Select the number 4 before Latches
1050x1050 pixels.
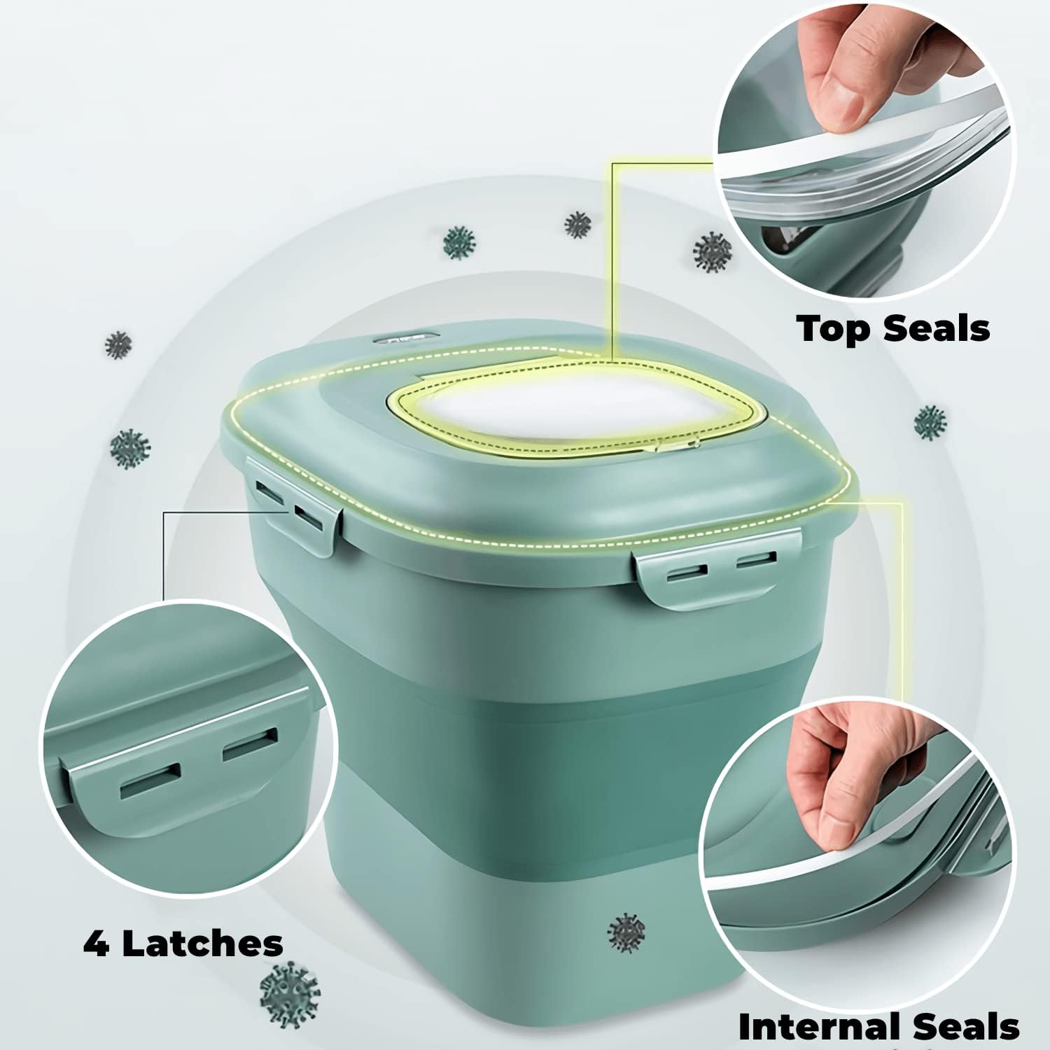click(x=96, y=944)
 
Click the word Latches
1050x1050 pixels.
click(x=203, y=944)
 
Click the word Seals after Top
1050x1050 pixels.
click(x=931, y=328)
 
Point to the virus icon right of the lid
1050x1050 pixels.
click(x=930, y=422)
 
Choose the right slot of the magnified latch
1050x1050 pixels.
click(x=250, y=743)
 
